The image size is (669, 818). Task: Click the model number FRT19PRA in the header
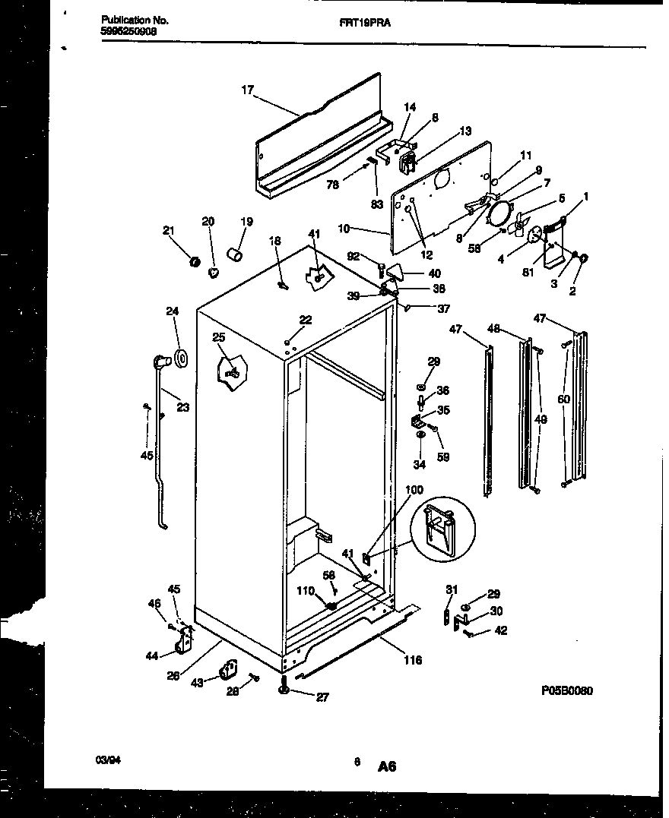tap(360, 23)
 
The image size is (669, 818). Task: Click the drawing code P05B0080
tap(567, 690)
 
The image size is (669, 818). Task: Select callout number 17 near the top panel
tap(247, 89)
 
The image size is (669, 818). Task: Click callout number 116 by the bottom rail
tap(413, 660)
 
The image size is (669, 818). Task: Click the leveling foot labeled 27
tap(284, 688)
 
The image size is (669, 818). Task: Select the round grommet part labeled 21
tap(194, 262)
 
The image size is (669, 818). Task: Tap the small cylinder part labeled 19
tap(236, 253)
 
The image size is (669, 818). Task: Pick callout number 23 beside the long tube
tap(182, 406)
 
